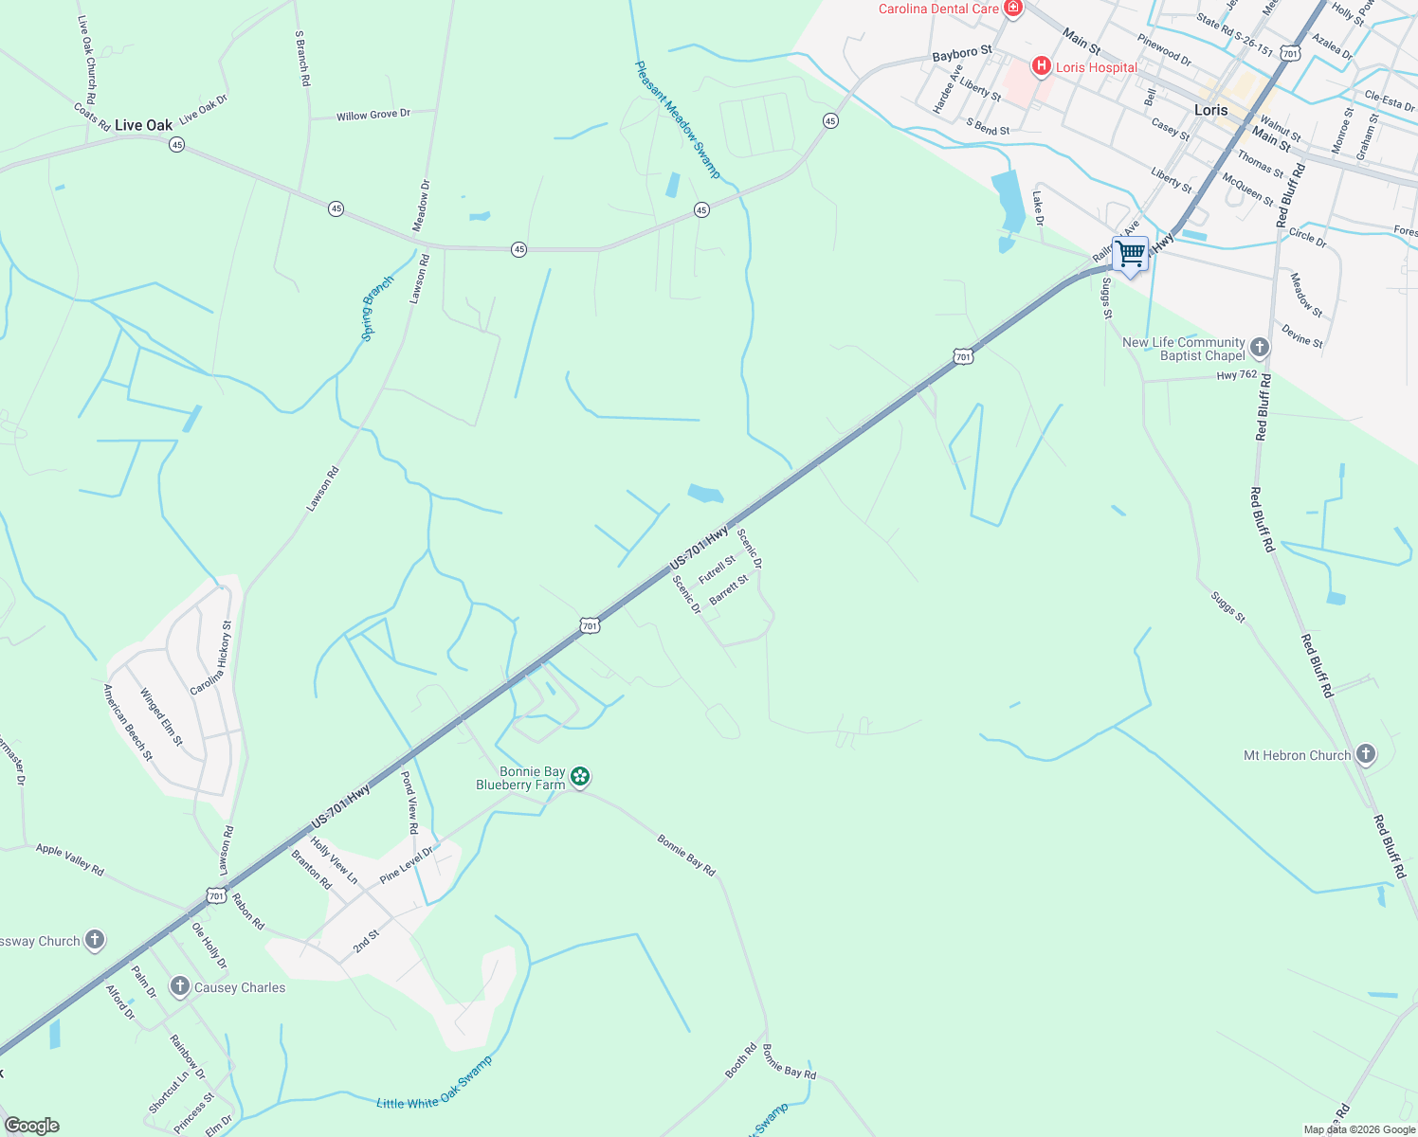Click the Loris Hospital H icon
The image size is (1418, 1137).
(1041, 65)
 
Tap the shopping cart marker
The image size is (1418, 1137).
(1130, 255)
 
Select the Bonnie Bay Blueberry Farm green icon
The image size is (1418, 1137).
(580, 778)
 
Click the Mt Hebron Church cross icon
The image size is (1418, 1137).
(1365, 754)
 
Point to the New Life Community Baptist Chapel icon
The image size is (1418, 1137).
(1259, 348)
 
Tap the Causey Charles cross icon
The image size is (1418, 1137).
(180, 986)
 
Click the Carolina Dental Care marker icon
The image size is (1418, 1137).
(1013, 9)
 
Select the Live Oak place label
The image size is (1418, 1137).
(144, 125)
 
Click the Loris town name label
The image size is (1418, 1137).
(1210, 110)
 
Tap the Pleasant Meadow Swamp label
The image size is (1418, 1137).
(678, 119)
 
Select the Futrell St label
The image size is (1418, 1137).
(717, 569)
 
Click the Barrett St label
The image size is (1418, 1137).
(729, 589)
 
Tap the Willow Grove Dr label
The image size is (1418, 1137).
(373, 115)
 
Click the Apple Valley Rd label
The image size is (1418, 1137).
(69, 859)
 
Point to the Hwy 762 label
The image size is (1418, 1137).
(1237, 375)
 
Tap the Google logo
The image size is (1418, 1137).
(31, 1126)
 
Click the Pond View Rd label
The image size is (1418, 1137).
(409, 802)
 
